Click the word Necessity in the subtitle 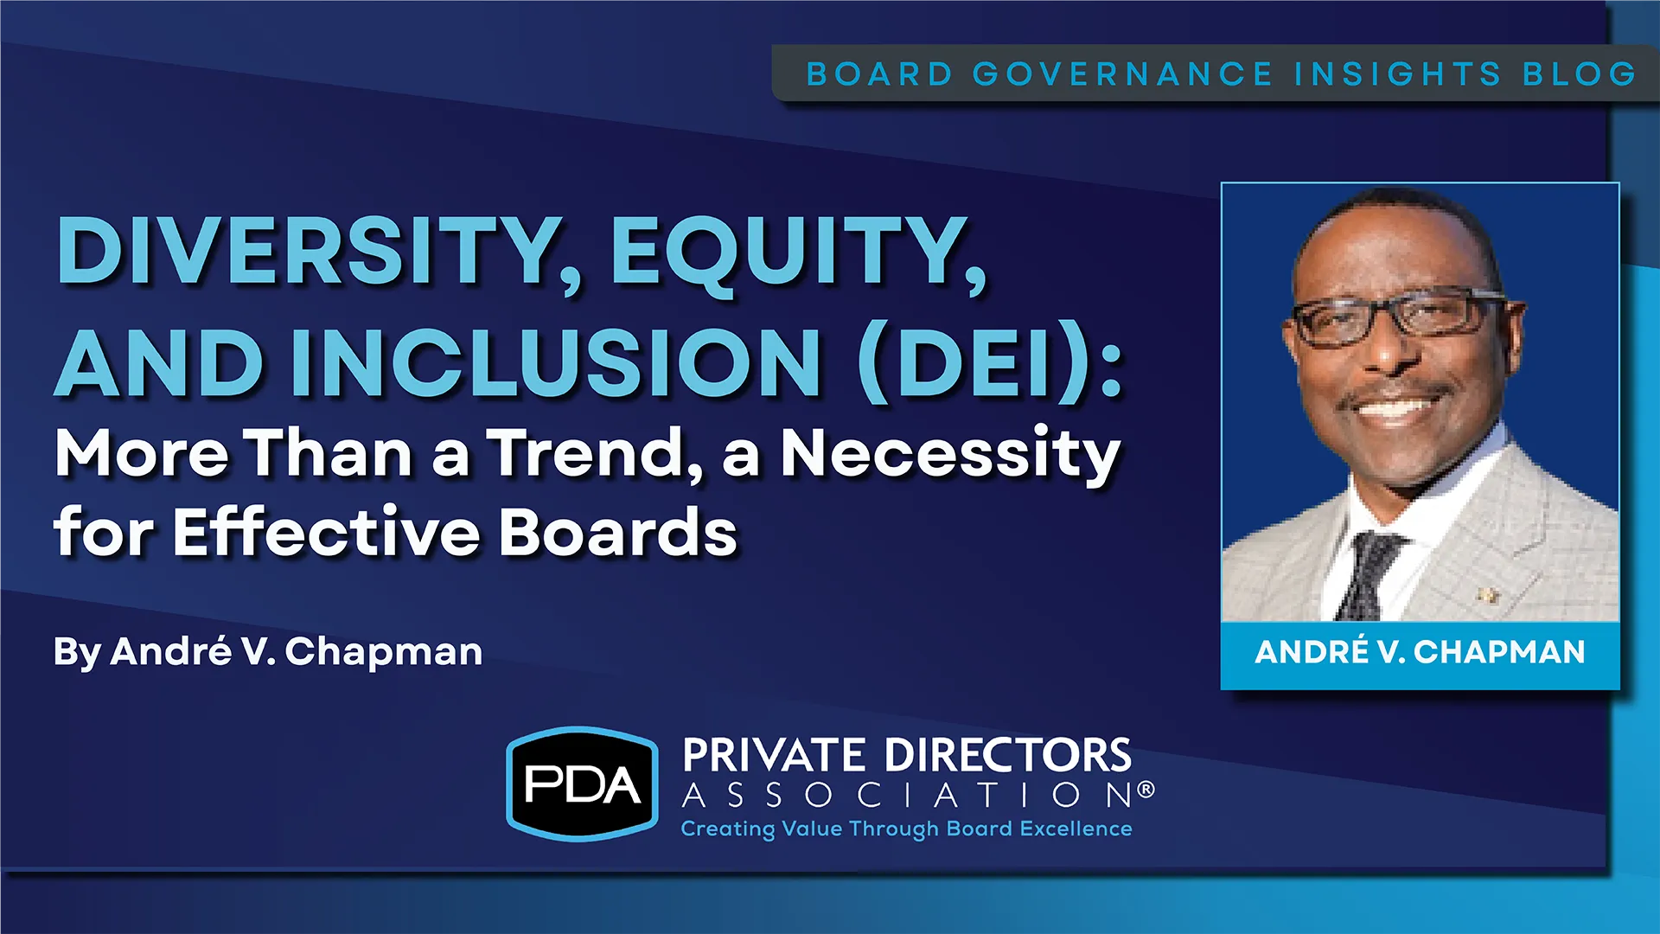[951, 456]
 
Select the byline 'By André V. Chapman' [268, 652]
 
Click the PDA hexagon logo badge [582, 784]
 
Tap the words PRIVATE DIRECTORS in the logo [906, 755]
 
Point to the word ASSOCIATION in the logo [907, 795]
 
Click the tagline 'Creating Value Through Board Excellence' [906, 828]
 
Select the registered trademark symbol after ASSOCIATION [1146, 789]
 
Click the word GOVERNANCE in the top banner [1122, 74]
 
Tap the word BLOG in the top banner [1580, 74]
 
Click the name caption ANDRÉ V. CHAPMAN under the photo [1420, 652]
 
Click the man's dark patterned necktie [1368, 575]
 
